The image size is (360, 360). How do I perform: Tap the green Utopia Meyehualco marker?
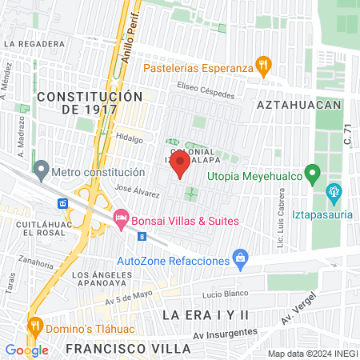point(314,173)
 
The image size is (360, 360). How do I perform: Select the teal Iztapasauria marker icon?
point(334,192)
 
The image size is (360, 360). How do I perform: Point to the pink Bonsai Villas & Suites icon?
point(121,217)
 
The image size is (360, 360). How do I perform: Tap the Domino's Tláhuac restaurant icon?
point(35,326)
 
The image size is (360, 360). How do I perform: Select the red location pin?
point(180,163)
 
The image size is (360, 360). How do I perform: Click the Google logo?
point(26,350)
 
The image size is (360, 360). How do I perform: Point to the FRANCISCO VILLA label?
point(128,349)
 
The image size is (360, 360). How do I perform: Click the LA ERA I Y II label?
point(206,315)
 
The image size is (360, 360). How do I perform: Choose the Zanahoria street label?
point(39,262)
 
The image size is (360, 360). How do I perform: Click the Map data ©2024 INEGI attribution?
point(311,354)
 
